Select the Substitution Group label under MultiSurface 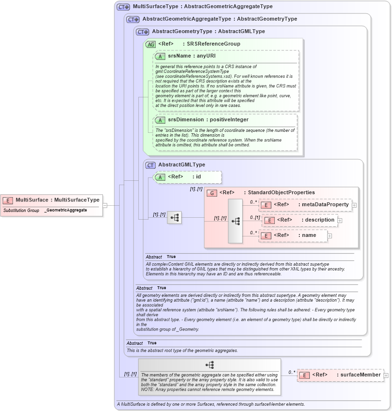click(21, 211)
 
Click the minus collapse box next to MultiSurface click(105, 205)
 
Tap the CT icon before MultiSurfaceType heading click(123, 7)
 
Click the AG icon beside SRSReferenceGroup click(151, 44)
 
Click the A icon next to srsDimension click(160, 120)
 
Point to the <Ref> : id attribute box click(187, 177)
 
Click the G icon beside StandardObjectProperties click(211, 193)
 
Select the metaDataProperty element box click(305, 205)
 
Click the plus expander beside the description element click(340, 220)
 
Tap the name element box click(293, 235)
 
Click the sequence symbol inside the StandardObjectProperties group click(235, 221)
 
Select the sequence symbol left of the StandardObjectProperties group click(174, 218)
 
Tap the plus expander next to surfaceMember click(386, 376)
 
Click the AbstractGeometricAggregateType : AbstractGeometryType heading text click(220, 19)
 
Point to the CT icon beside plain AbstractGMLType click(151, 165)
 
